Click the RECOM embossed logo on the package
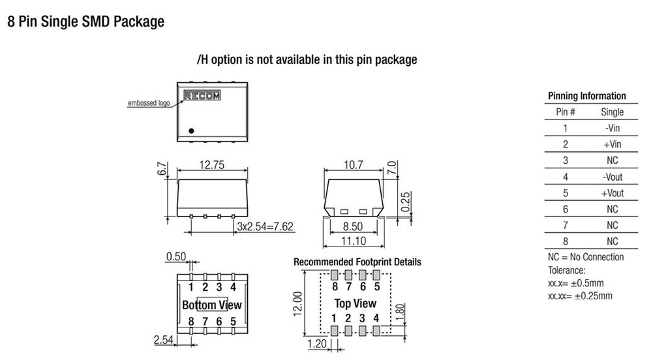click(202, 95)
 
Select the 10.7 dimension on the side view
click(353, 166)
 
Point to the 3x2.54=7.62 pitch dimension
click(265, 227)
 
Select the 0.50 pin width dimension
click(175, 257)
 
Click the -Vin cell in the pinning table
click(613, 128)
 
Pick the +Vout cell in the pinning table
click(613, 193)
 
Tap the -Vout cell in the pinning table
click(613, 177)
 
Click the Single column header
click(612, 112)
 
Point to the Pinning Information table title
click(586, 96)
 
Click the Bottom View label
click(211, 305)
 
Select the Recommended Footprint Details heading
click(357, 262)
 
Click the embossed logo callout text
click(147, 104)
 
